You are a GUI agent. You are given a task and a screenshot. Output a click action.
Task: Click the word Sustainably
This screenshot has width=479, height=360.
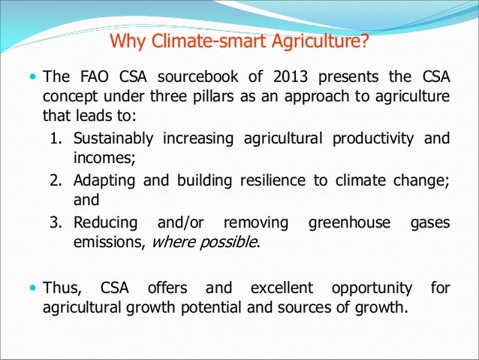[x=113, y=138]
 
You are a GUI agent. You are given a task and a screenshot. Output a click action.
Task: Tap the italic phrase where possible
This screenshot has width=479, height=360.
[x=206, y=244]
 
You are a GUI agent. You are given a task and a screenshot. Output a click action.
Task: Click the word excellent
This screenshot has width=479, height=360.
[x=284, y=287]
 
